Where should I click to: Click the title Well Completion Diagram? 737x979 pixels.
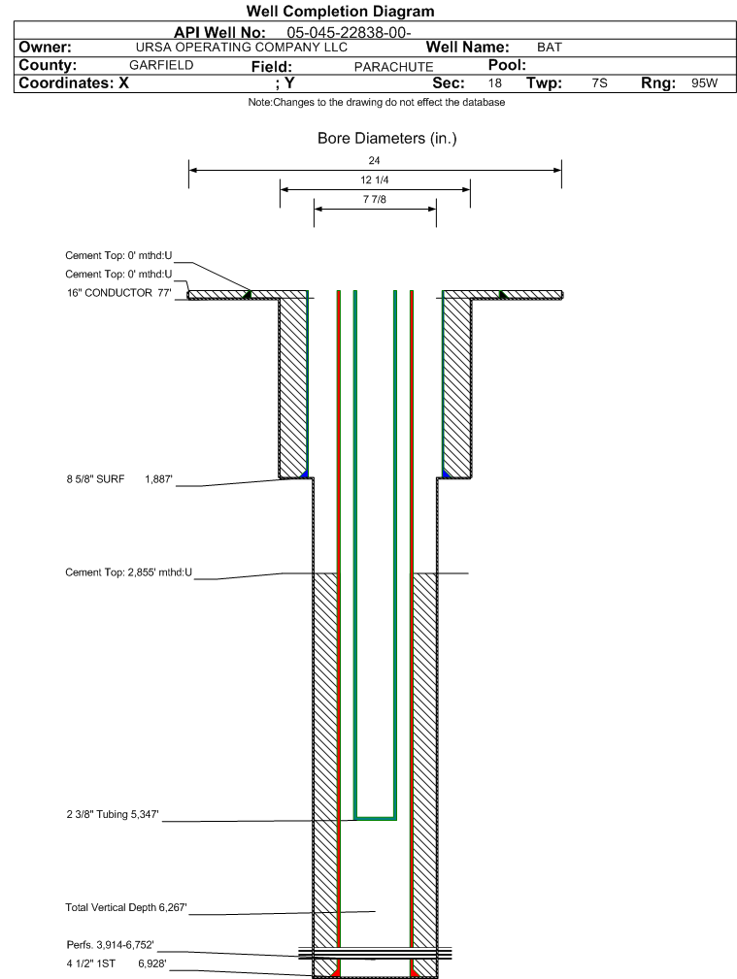click(x=340, y=12)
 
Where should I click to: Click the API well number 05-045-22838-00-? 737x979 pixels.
click(x=349, y=33)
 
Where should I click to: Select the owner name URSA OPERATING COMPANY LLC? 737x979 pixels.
click(x=241, y=48)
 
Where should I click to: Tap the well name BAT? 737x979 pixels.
click(x=550, y=48)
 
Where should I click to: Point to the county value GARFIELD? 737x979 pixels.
click(x=161, y=66)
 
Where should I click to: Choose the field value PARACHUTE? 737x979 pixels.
click(x=394, y=67)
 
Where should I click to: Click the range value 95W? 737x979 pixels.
click(x=705, y=83)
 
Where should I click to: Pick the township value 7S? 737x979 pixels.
click(x=599, y=83)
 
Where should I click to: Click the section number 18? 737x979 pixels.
click(x=494, y=83)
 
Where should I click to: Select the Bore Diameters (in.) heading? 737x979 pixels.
click(x=386, y=139)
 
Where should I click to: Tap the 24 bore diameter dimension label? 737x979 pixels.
click(x=374, y=160)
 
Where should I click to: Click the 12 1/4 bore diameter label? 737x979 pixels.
click(x=375, y=179)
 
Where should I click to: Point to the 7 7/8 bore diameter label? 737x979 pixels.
click(x=375, y=199)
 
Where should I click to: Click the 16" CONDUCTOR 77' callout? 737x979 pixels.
click(x=118, y=293)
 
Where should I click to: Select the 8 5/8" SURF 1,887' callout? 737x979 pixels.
click(x=119, y=479)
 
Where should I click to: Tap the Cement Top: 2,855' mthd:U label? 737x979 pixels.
click(x=129, y=572)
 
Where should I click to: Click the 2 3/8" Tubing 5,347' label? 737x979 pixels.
click(x=113, y=815)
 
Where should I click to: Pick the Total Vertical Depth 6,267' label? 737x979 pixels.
click(x=125, y=908)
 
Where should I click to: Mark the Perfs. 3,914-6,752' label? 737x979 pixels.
click(x=110, y=945)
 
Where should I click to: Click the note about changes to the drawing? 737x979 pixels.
click(x=377, y=103)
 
